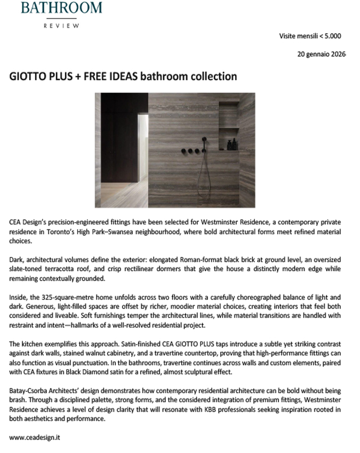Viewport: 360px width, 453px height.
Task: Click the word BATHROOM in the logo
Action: click(61, 7)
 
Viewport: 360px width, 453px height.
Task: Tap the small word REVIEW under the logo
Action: click(61, 25)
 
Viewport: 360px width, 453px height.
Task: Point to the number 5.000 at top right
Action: click(331, 36)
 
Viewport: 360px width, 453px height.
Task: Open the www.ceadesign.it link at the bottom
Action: click(35, 437)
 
